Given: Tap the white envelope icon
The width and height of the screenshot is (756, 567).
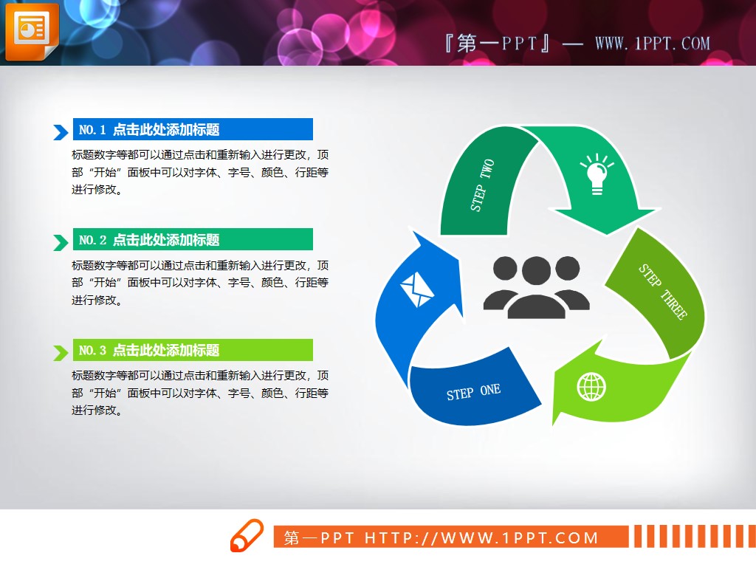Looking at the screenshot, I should coord(416,289).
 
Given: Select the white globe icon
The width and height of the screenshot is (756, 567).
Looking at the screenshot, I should coord(591,387).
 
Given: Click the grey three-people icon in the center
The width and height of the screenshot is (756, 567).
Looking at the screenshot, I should coord(537,287).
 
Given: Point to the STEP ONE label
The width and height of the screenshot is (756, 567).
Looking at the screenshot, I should coord(473,392).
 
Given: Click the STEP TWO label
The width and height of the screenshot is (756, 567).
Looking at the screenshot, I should coord(482,185).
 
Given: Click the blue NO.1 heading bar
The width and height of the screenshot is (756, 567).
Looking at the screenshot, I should coord(193,130).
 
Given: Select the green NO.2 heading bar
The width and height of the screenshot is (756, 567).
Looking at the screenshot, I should coord(193,240).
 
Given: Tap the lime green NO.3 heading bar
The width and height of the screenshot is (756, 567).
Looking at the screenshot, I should coord(193,350).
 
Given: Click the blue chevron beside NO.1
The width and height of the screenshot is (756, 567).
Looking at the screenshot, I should coord(61,132).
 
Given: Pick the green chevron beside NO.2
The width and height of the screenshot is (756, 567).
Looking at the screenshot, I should coord(61,242).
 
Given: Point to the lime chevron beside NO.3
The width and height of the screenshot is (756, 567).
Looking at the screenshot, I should coord(61,352).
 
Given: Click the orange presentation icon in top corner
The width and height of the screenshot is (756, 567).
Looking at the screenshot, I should coord(30,32).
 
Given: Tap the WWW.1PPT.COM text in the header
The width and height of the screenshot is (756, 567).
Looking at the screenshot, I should coord(652,44).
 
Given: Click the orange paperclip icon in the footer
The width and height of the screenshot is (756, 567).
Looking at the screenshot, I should coord(246,536).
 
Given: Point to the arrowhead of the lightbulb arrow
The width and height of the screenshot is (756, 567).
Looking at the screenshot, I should coord(605,221).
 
